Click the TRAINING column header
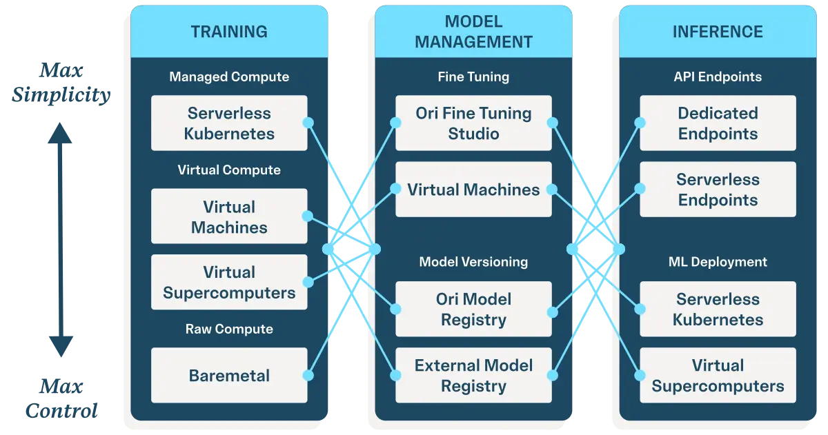(x=229, y=32)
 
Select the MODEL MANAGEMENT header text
(x=473, y=32)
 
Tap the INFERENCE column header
(x=718, y=32)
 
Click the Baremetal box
(x=229, y=376)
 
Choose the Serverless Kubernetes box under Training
(x=229, y=123)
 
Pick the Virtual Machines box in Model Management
(x=473, y=190)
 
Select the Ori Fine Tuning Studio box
(x=473, y=123)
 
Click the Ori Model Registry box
(x=473, y=310)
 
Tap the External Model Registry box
(x=473, y=376)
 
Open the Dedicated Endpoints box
(x=718, y=123)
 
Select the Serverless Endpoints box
(x=718, y=190)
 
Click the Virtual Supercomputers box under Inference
(x=718, y=376)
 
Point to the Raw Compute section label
(x=229, y=329)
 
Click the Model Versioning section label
(x=473, y=262)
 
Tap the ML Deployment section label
(x=718, y=262)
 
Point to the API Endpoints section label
(x=718, y=77)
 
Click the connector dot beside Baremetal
(x=308, y=376)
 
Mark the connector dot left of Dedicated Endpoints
(x=640, y=123)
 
